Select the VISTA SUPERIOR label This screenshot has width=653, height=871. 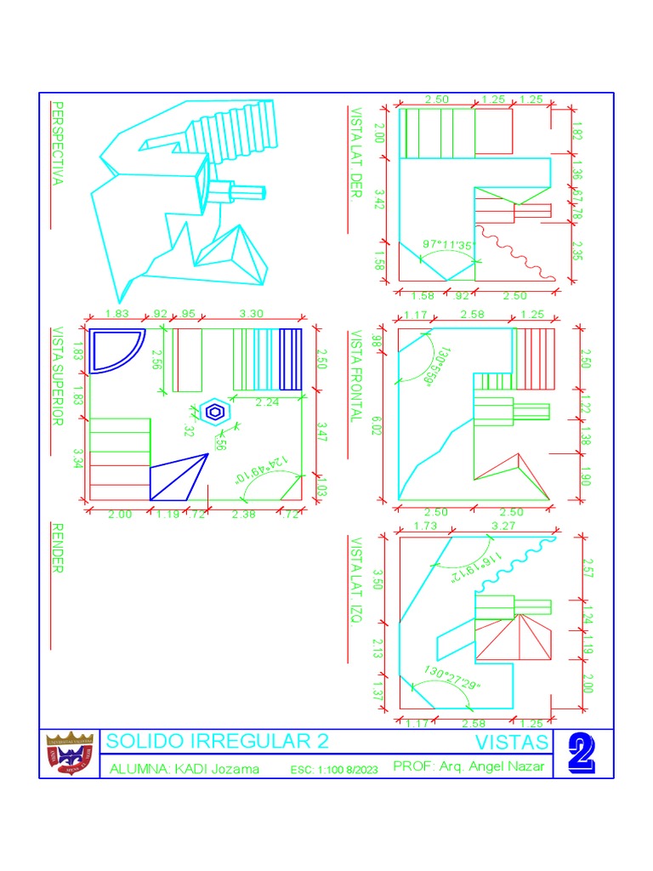[58, 375]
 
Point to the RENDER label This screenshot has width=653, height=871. [58, 549]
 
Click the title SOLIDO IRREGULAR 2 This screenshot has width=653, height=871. [217, 741]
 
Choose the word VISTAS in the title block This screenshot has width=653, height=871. [511, 743]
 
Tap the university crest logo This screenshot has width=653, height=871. [71, 754]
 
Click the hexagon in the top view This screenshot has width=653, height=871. [216, 412]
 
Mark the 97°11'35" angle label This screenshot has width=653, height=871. [447, 245]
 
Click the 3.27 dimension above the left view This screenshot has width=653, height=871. [503, 527]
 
